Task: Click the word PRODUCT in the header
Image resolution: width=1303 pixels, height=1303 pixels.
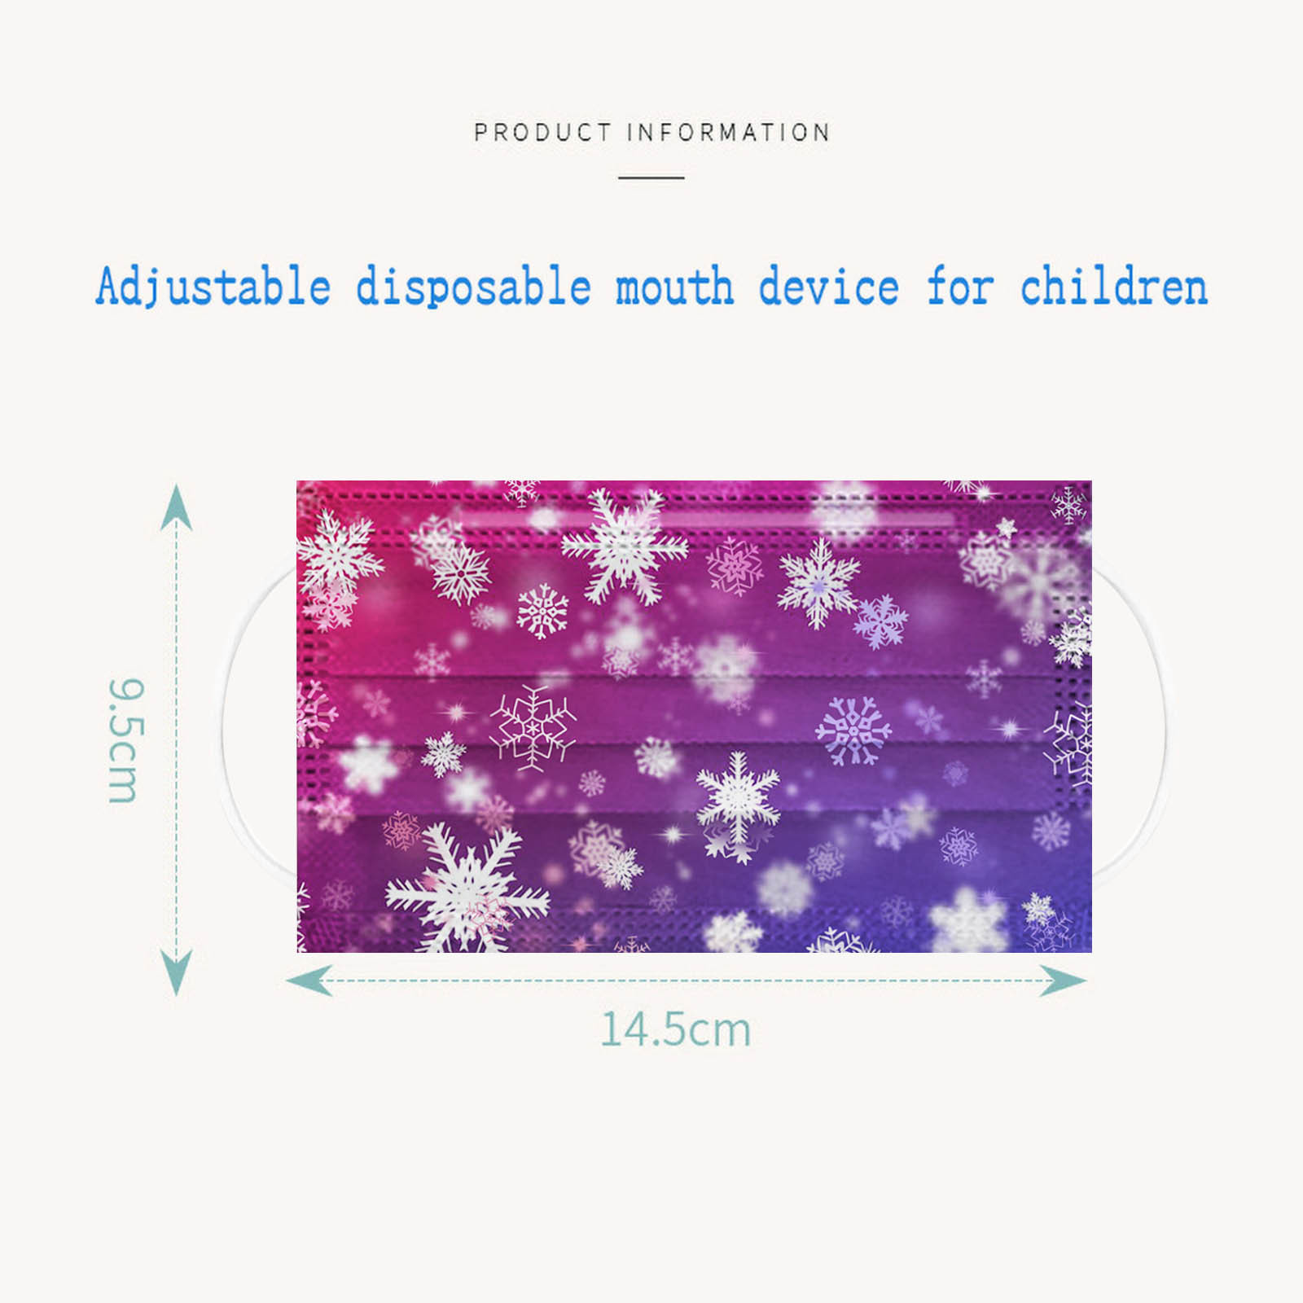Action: [542, 132]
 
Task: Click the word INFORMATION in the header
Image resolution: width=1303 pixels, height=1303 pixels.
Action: [728, 132]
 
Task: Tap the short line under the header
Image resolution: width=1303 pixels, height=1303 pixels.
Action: [651, 177]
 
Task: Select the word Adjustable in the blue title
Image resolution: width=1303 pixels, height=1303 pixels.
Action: [213, 287]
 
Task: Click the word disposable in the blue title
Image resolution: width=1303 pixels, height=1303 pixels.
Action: [473, 287]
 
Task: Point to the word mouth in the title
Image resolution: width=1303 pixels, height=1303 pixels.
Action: [674, 287]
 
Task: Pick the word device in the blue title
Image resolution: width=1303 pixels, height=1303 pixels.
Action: [828, 287]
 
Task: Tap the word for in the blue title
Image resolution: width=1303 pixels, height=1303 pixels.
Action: [959, 287]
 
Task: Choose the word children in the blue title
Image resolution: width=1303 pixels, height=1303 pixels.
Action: [1113, 287]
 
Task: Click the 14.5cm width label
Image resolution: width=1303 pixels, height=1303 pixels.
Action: [675, 1029]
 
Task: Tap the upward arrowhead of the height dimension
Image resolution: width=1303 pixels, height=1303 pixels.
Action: [177, 506]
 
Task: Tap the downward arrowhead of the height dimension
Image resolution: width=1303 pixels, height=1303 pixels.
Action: [177, 972]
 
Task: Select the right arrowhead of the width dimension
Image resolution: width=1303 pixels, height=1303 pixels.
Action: [1064, 981]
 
